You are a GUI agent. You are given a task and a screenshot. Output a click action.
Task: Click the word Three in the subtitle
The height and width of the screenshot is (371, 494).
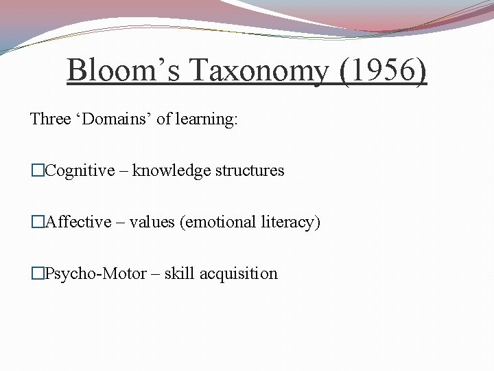(50, 119)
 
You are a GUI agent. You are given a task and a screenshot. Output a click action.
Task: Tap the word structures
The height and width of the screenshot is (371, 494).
(250, 170)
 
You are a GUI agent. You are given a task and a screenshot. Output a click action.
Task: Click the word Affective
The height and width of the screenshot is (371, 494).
(78, 222)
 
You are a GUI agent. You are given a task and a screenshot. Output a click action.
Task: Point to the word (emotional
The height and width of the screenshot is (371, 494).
(217, 222)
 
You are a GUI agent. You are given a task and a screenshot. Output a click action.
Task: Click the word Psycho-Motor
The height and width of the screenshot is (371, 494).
(95, 273)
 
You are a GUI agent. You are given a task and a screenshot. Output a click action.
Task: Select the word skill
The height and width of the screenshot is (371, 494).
(180, 273)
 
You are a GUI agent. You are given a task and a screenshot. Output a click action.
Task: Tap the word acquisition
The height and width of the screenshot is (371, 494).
(239, 273)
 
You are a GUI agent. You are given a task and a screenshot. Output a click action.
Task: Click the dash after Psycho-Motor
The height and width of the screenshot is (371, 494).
(155, 273)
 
